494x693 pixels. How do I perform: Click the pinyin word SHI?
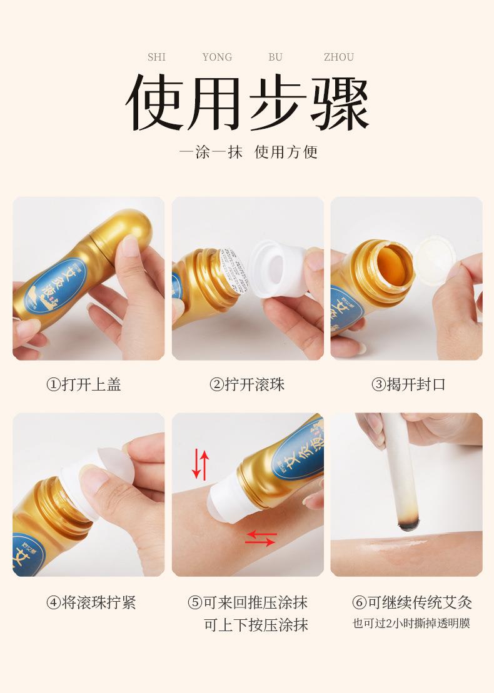pyautogui.click(x=156, y=57)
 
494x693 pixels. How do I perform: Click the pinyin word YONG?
pyautogui.click(x=217, y=57)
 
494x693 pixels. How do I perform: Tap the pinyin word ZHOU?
pyautogui.click(x=338, y=57)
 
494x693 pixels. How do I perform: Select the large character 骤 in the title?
pyautogui.click(x=338, y=104)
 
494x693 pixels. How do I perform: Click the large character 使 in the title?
pyautogui.click(x=156, y=104)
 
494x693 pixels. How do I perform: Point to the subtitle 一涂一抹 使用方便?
pyautogui.click(x=248, y=152)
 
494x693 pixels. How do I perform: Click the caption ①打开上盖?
pyautogui.click(x=84, y=384)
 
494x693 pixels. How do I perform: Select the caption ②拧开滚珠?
pyautogui.click(x=247, y=384)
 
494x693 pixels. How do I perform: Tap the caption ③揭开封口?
pyautogui.click(x=409, y=384)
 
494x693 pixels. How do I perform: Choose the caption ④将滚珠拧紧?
pyautogui.click(x=91, y=602)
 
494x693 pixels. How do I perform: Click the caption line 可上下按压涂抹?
pyautogui.click(x=256, y=624)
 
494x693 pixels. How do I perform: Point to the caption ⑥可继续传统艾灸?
pyautogui.click(x=412, y=602)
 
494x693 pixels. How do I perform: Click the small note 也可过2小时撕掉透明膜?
pyautogui.click(x=411, y=623)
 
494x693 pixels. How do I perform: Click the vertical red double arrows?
pyautogui.click(x=200, y=464)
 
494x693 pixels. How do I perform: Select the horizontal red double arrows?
pyautogui.click(x=260, y=537)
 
